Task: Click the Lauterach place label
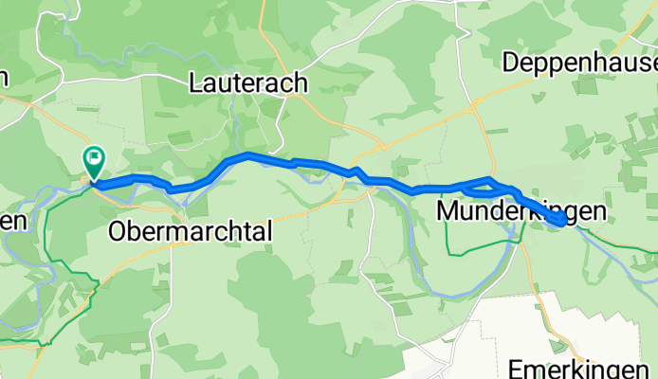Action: [x=248, y=83]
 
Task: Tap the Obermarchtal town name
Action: [x=191, y=230]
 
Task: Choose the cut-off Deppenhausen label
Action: [x=580, y=63]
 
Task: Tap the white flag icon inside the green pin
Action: [x=95, y=157]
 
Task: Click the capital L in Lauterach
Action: [x=196, y=83]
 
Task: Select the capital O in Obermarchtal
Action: [x=119, y=230]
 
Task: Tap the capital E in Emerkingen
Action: [x=517, y=368]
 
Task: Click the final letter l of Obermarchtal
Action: [x=268, y=230]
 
